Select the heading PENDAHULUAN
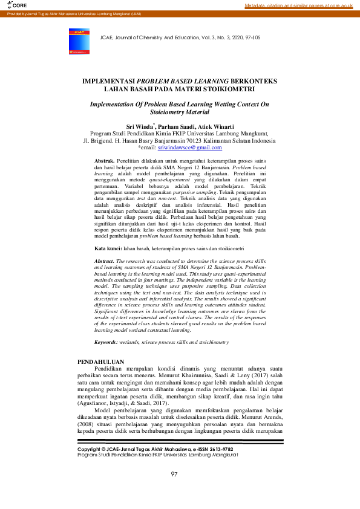[100, 361]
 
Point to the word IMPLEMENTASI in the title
[108, 80]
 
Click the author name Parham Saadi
[171, 126]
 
